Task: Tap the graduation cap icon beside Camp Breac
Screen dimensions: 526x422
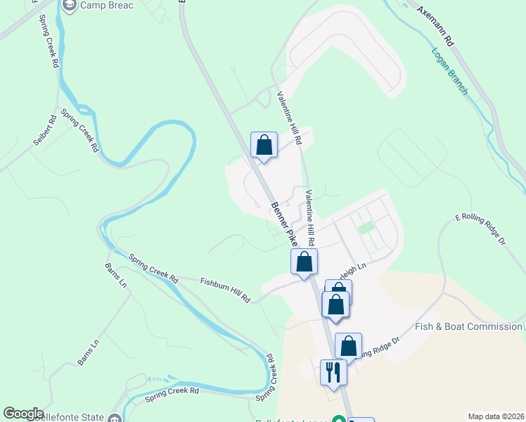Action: click(70, 6)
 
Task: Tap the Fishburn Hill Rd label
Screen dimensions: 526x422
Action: click(225, 289)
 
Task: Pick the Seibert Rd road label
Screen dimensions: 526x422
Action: click(44, 130)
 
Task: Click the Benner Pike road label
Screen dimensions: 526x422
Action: click(284, 224)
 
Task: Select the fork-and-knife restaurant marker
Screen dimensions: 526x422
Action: click(333, 373)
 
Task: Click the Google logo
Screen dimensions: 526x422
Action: click(23, 414)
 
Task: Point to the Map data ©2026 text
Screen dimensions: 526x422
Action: click(496, 416)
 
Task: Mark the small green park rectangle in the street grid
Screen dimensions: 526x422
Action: click(366, 228)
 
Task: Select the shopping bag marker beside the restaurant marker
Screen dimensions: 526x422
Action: click(348, 346)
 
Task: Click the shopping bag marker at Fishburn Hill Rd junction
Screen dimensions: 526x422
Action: click(304, 262)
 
